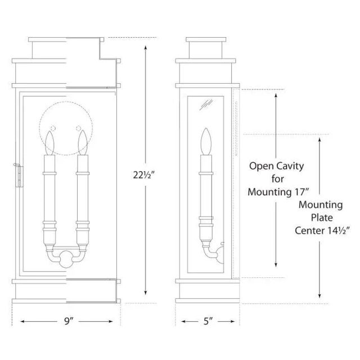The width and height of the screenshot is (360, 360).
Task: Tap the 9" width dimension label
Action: tap(68, 321)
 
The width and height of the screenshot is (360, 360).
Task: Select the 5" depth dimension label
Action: tap(208, 321)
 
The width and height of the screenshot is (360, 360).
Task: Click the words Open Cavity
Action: tap(276, 166)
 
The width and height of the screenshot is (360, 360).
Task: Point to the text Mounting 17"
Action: tap(278, 192)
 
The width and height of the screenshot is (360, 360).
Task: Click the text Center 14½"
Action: tap(322, 231)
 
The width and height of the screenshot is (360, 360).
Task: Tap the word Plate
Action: tap(322, 218)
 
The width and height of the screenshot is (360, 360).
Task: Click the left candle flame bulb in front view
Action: tap(49, 143)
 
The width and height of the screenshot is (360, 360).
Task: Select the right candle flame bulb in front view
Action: tap(83, 142)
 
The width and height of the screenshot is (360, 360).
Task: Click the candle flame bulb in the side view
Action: tap(206, 141)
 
